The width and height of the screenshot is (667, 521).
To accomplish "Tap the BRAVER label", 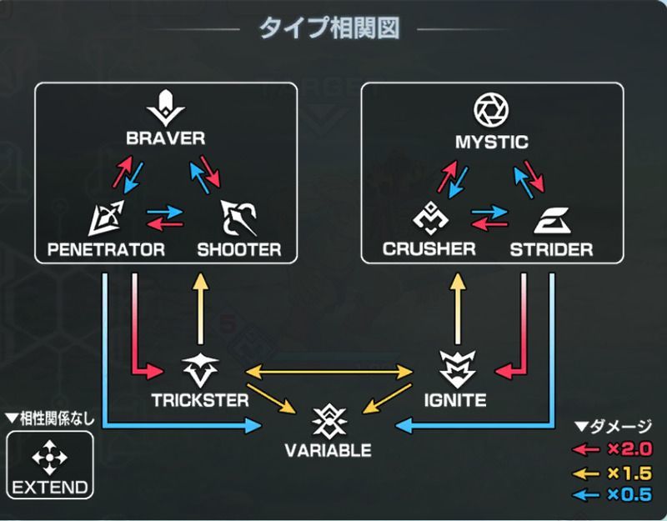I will pyautogui.click(x=166, y=138).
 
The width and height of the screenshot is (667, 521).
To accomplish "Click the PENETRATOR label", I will pyautogui.click(x=106, y=249).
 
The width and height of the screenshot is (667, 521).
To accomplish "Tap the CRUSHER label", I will pyautogui.click(x=429, y=249).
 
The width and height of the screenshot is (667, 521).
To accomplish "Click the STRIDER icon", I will pyautogui.click(x=550, y=219).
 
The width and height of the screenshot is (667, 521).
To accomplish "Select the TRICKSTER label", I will pyautogui.click(x=200, y=400).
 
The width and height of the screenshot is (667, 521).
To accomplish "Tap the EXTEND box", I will pyautogui.click(x=48, y=465).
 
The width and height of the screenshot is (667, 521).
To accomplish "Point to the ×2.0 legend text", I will pyautogui.click(x=629, y=450).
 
